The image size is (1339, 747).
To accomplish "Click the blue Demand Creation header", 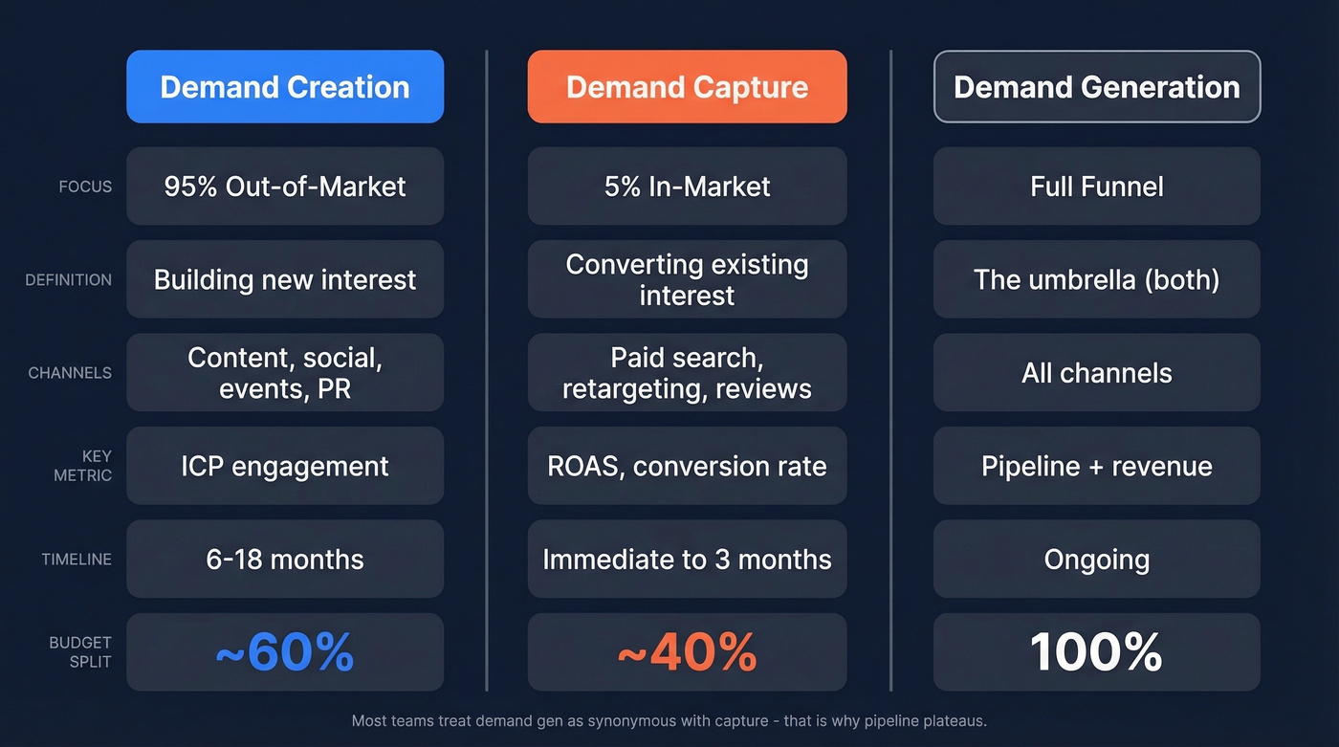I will click(285, 87).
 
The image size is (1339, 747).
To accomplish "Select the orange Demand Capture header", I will click(687, 87).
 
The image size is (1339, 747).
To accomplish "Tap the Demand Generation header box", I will click(1096, 87).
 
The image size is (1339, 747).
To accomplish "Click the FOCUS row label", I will click(85, 187).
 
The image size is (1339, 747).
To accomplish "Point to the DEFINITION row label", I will click(68, 280).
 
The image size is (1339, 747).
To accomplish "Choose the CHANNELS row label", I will click(70, 373).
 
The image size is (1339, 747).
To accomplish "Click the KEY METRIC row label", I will click(83, 466).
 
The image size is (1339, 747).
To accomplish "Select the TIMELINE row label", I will click(77, 560).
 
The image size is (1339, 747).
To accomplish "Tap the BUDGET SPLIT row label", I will click(80, 651).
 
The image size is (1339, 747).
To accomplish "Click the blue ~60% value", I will click(285, 652).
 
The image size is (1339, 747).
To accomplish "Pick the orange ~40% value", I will click(687, 652).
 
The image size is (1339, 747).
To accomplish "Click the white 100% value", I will click(1096, 652).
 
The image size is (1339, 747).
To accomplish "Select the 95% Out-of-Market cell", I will click(285, 187).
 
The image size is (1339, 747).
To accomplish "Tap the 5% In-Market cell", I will click(687, 187).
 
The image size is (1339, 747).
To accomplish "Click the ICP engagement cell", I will click(285, 466).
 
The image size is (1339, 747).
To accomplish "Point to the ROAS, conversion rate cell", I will click(687, 466).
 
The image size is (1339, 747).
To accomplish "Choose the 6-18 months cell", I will click(285, 560).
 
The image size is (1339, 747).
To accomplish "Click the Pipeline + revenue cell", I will click(1096, 466).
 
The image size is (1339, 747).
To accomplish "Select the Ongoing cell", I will click(1096, 560).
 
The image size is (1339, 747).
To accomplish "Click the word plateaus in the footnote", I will click(952, 721).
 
